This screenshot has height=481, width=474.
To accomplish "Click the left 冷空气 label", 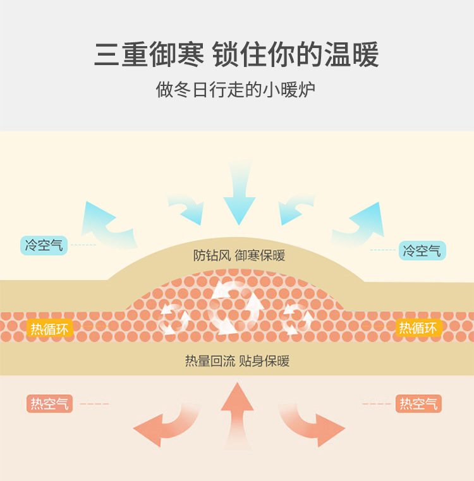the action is coord(44,245).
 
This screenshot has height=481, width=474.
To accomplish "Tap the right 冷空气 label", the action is coord(422,250).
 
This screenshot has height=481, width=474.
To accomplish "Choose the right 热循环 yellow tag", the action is coord(418,328).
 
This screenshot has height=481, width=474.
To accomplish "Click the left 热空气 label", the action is coord(49,403).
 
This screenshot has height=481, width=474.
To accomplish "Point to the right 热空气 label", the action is coord(418,403).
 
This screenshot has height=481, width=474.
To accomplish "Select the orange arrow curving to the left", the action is coord(164,422).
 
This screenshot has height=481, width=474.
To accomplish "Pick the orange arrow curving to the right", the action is coord(313,422).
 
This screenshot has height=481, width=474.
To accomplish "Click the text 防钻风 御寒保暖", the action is coord(239,256).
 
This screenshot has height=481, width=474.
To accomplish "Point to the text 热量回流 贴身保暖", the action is coord(237,361).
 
